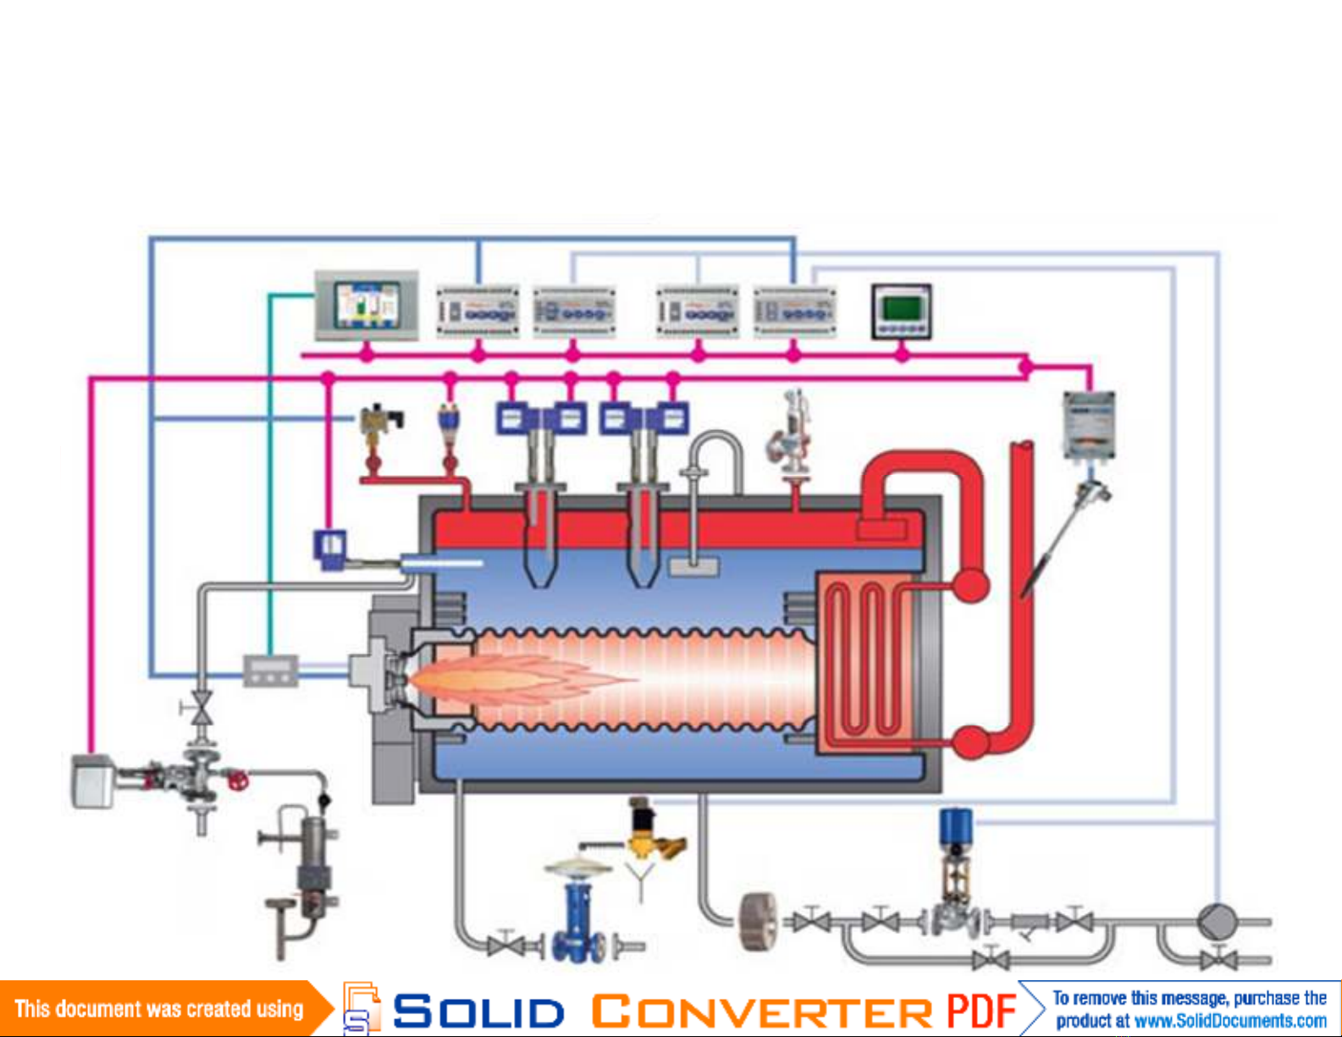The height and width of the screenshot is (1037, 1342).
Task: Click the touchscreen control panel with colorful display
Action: click(x=367, y=306)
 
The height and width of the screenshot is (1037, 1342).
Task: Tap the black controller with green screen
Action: click(x=902, y=311)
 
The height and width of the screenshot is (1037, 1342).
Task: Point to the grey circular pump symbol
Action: click(x=1218, y=921)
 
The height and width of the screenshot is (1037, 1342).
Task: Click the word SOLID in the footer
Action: click(x=478, y=1012)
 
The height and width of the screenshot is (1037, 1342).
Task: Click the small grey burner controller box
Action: click(x=271, y=670)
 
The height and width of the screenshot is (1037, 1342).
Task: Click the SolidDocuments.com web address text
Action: click(x=1229, y=1021)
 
